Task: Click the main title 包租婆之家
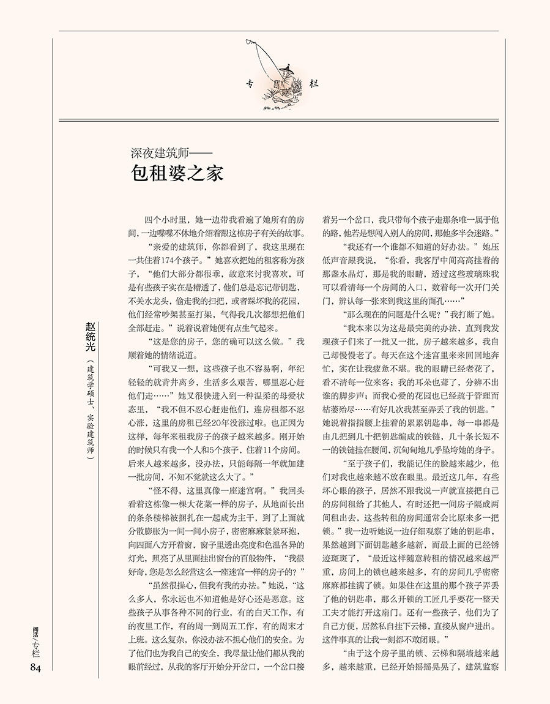(177, 173)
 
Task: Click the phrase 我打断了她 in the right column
(475, 314)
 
